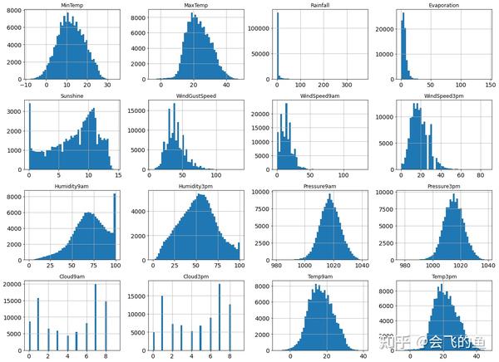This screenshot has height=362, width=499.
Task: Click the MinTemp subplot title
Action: point(72,6)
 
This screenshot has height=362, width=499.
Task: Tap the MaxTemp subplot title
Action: point(195,6)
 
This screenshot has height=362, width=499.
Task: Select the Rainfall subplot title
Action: point(320,6)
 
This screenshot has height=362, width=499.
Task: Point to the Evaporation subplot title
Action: point(444,6)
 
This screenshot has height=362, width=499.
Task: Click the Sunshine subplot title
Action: point(72,95)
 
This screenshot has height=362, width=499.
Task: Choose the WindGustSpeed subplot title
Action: point(195,95)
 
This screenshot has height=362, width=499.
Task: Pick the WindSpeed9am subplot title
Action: point(320,95)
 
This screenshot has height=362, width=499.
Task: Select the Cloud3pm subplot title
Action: point(195,274)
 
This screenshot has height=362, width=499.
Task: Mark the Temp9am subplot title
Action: point(320,274)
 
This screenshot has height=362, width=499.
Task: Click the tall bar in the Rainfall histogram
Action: point(279,46)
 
